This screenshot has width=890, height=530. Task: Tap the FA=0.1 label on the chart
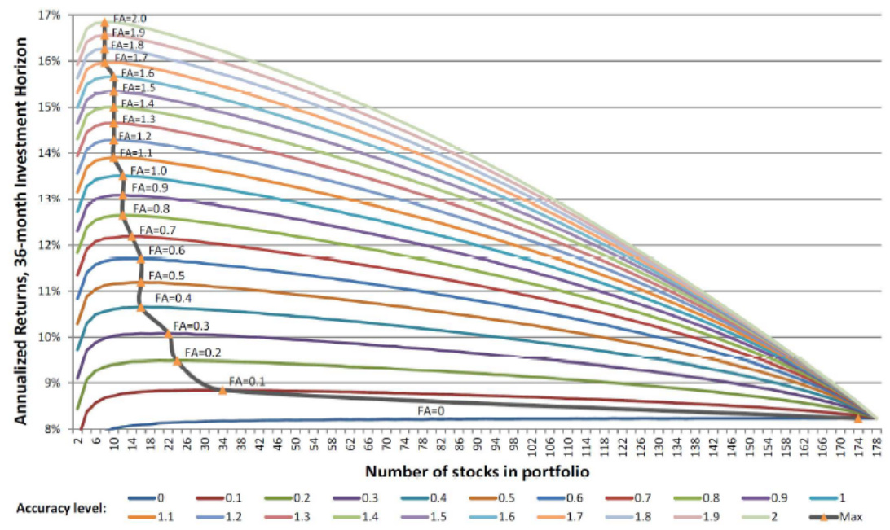[247, 380]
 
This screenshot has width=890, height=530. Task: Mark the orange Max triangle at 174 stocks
[857, 418]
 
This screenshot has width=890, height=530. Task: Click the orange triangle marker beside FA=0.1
[222, 390]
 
